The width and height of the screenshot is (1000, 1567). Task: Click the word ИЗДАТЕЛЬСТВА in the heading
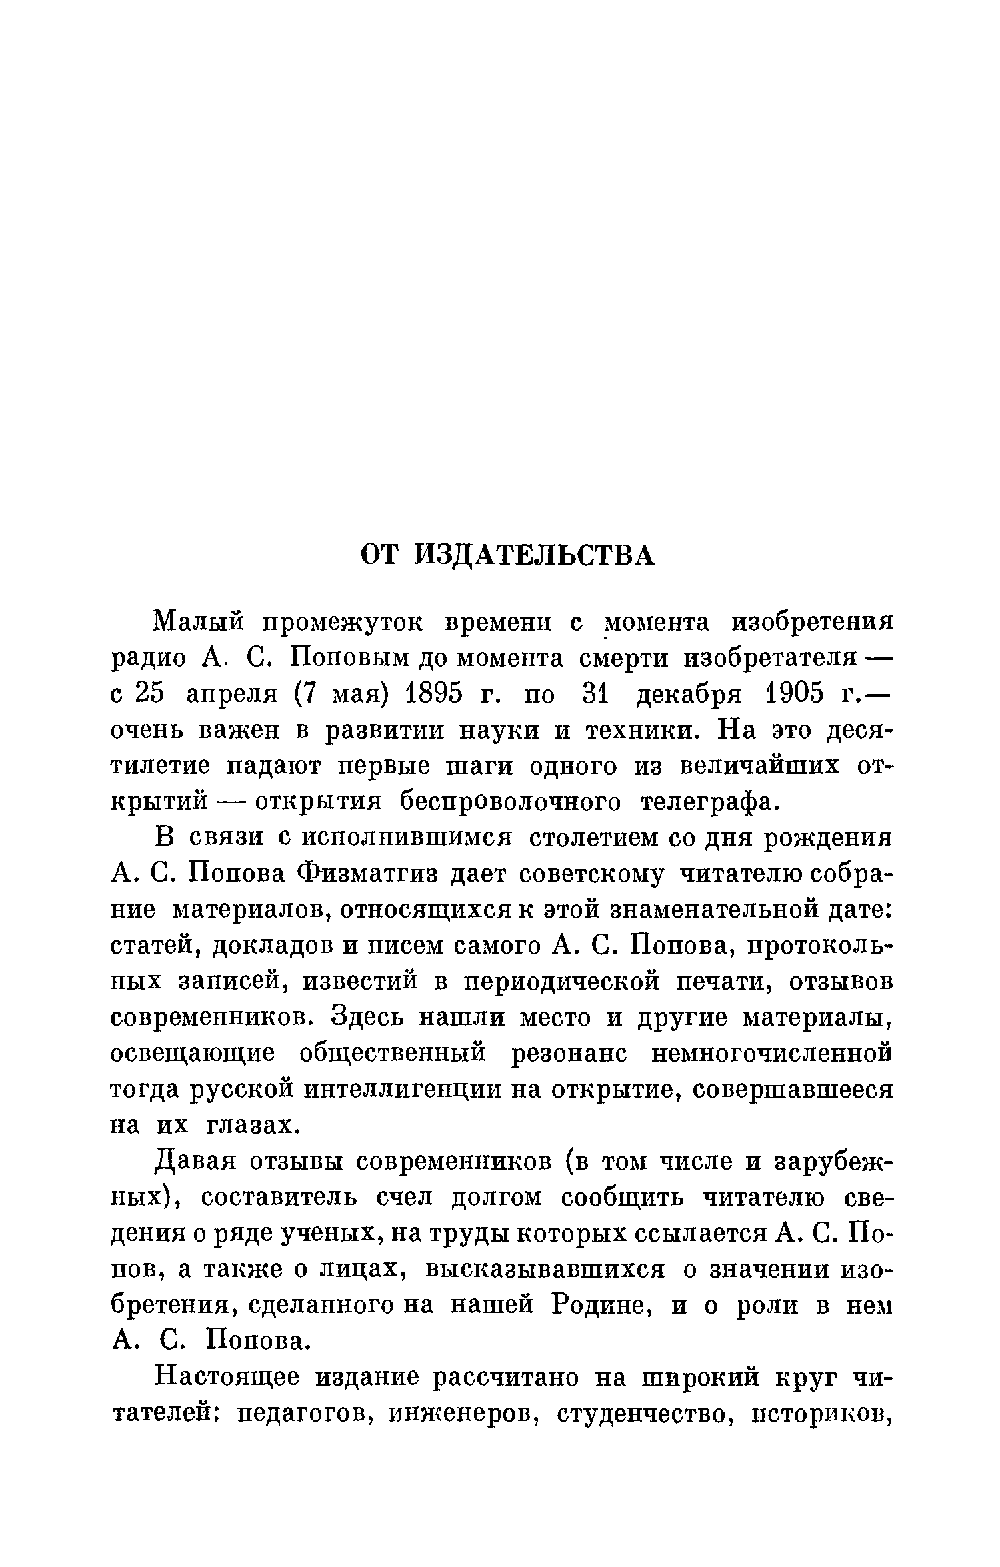point(534,555)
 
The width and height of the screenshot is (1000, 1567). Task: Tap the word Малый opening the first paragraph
point(198,624)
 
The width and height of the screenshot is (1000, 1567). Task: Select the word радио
point(148,659)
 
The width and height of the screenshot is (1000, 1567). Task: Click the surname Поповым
point(353,659)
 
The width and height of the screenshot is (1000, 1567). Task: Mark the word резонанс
point(570,1054)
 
